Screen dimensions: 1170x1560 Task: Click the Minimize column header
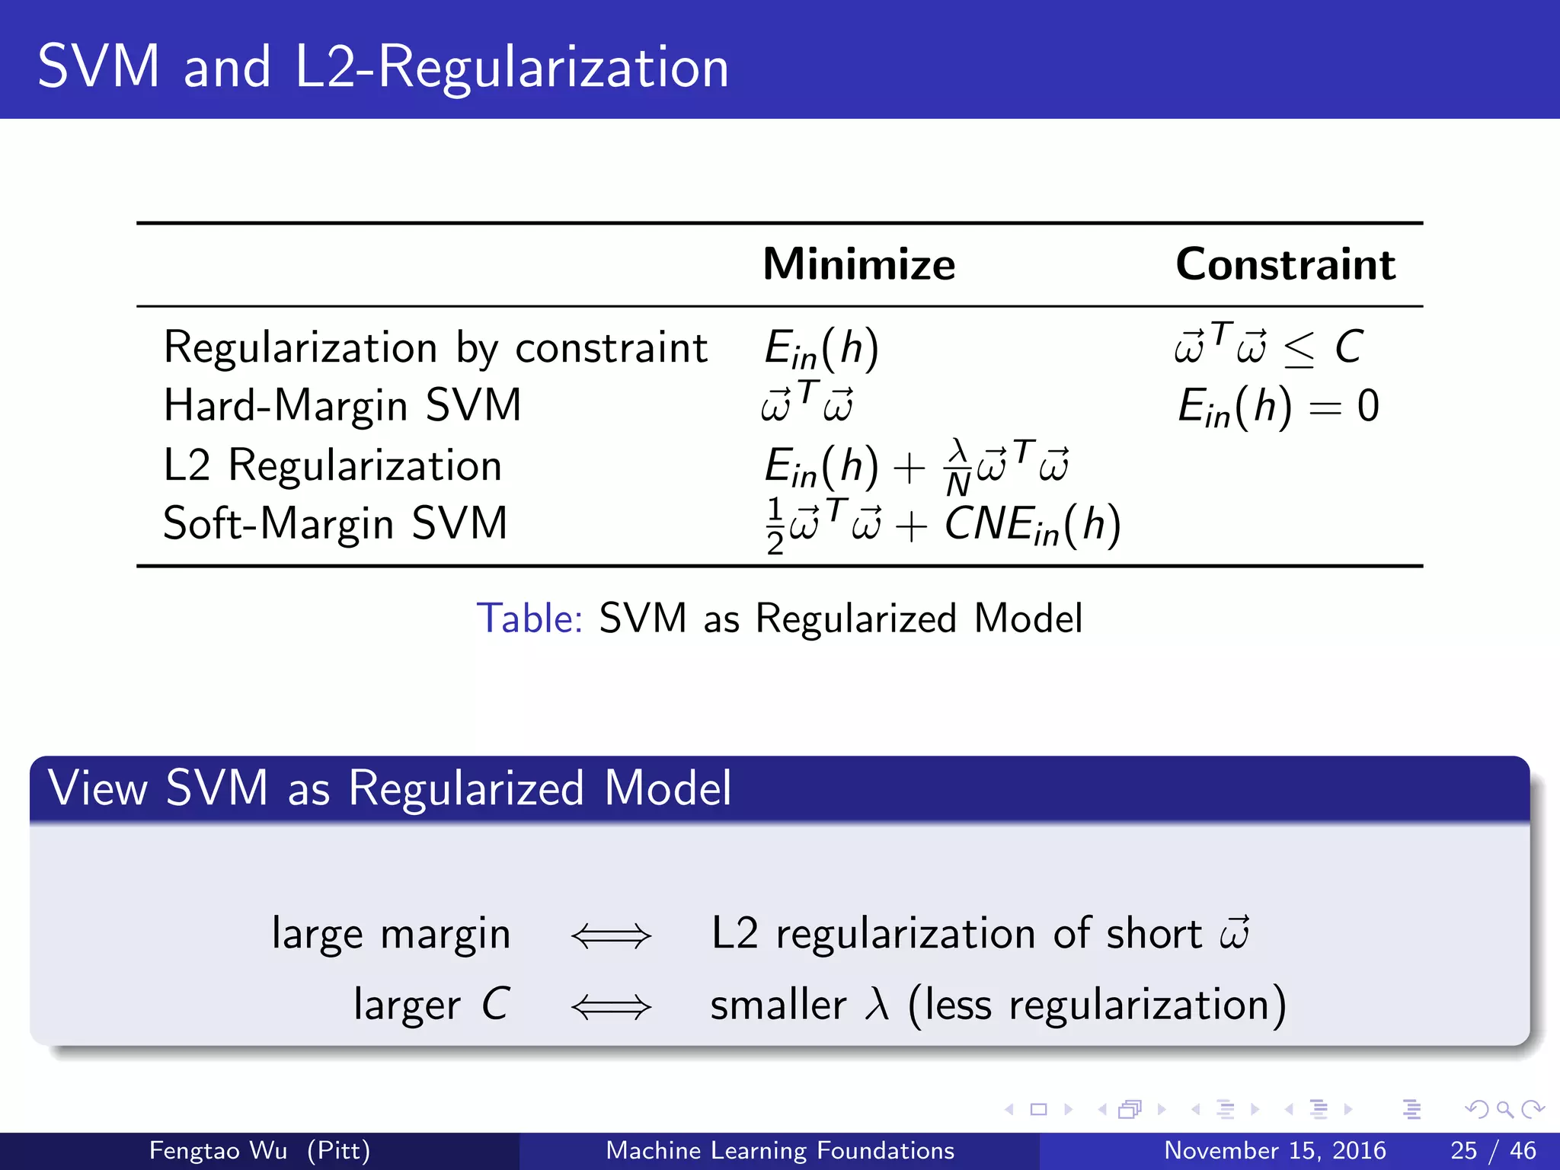(x=858, y=264)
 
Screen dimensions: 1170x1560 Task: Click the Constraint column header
(x=1285, y=264)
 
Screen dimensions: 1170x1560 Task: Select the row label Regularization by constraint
(x=436, y=348)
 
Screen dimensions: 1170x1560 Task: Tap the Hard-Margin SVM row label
(x=343, y=405)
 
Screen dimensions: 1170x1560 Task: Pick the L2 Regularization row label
(x=333, y=465)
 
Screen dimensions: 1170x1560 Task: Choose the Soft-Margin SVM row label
(x=335, y=524)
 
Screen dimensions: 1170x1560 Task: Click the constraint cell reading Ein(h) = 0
(x=1278, y=406)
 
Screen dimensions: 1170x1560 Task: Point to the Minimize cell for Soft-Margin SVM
(x=943, y=525)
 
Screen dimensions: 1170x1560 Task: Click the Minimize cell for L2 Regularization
(x=916, y=465)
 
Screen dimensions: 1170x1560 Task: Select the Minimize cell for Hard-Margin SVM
(x=807, y=404)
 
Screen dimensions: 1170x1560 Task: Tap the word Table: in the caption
(x=529, y=618)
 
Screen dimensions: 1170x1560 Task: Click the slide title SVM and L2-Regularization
(x=383, y=67)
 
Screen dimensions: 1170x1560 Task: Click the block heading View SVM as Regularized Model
(x=389, y=788)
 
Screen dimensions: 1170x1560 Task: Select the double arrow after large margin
(x=611, y=935)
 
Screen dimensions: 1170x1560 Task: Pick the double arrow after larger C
(x=611, y=1006)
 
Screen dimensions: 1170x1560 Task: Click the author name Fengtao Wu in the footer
(x=218, y=1150)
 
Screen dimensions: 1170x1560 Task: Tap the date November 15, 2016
(x=1274, y=1150)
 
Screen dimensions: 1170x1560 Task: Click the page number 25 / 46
(x=1493, y=1150)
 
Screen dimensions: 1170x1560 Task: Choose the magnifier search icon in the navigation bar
(x=1504, y=1109)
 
